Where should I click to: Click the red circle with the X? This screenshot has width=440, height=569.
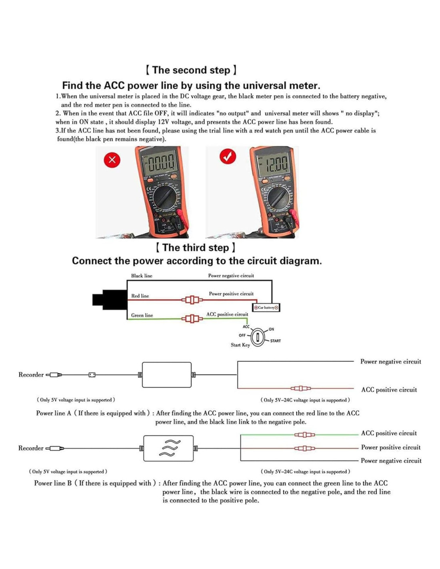(x=112, y=160)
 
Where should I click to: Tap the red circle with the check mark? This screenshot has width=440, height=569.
(x=228, y=156)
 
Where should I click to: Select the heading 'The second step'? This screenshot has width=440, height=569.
(x=191, y=70)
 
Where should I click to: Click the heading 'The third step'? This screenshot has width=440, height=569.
(x=196, y=248)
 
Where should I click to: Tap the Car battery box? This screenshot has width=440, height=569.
(x=266, y=307)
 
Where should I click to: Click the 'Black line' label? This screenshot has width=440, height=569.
(x=142, y=276)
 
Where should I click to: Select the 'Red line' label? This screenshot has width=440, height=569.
(x=140, y=296)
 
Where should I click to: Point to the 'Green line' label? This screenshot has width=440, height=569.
(x=142, y=315)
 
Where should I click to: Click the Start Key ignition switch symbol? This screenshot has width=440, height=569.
(x=258, y=337)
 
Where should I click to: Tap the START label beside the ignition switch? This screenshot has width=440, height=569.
(x=275, y=341)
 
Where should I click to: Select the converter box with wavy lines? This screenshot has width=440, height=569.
(x=168, y=448)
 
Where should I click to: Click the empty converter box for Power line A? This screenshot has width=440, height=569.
(x=167, y=375)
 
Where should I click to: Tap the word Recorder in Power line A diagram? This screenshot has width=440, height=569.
(x=31, y=375)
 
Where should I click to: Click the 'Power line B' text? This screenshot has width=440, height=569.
(x=53, y=483)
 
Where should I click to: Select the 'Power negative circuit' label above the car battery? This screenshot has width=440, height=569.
(x=231, y=276)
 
